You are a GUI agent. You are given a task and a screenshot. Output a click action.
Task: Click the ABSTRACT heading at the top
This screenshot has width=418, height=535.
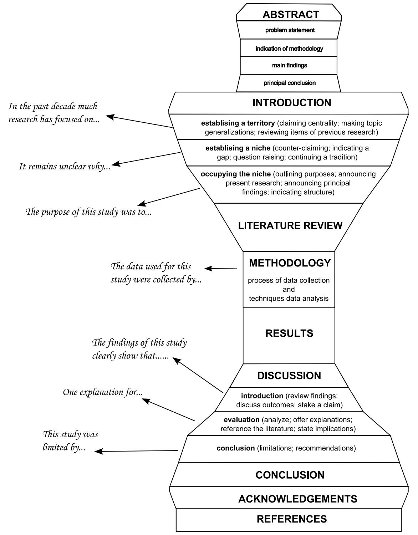pos(291,15)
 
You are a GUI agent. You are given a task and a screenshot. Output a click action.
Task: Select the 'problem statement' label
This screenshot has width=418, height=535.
pos(290,30)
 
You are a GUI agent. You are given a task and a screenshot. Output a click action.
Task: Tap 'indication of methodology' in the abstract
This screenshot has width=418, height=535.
pos(289,49)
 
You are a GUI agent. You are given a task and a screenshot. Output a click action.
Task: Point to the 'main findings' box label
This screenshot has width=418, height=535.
pos(289,66)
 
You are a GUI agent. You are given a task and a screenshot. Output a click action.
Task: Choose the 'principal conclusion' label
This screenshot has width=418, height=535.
pos(290,83)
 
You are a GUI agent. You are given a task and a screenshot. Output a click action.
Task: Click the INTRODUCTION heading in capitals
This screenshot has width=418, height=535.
pos(292,103)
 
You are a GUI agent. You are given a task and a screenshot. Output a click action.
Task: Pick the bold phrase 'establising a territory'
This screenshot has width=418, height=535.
pos(238,123)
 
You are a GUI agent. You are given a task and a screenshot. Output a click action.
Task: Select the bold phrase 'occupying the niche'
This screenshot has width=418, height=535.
pos(236,174)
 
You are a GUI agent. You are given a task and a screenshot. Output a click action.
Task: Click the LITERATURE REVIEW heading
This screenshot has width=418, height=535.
pos(290,225)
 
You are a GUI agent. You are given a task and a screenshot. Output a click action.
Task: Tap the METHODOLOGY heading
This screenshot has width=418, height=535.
pos(290,263)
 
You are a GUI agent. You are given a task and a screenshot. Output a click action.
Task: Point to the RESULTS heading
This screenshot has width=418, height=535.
pos(289,333)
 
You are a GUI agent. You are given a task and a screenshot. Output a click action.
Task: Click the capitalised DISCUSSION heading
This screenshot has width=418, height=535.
pos(289,376)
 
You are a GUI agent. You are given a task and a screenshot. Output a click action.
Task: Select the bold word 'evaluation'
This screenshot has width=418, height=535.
pos(241,419)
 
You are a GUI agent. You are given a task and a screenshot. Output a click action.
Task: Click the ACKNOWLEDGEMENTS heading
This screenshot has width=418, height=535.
pos(297,499)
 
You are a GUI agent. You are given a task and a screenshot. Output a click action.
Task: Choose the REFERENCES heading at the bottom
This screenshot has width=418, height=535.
pos(292,519)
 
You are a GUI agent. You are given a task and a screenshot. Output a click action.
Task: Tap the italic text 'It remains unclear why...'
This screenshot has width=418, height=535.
pos(65,167)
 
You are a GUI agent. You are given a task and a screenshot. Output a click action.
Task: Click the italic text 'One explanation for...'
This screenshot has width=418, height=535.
pos(103,392)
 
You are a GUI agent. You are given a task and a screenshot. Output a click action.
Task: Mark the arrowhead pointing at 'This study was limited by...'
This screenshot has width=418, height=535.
pos(98,452)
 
